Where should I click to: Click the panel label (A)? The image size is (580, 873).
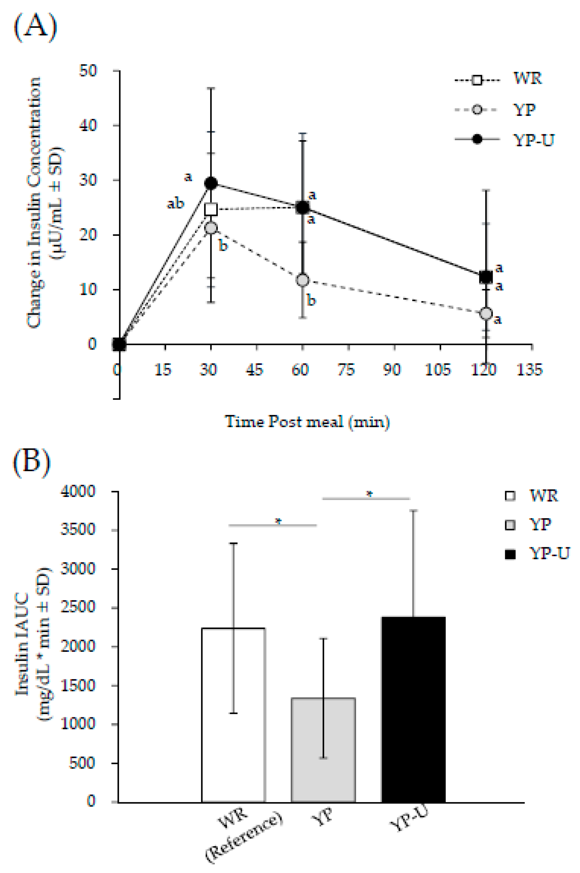pos(36,28)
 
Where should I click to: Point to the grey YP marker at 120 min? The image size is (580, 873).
pos(486,313)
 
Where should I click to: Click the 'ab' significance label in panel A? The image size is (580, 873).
pos(175,203)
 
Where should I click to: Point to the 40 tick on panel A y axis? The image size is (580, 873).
pos(88,125)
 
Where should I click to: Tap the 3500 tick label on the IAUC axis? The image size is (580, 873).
pos(78,529)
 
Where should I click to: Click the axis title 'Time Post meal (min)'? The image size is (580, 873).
pos(307,422)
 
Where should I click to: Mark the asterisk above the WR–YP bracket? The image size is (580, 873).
pos(278,521)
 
